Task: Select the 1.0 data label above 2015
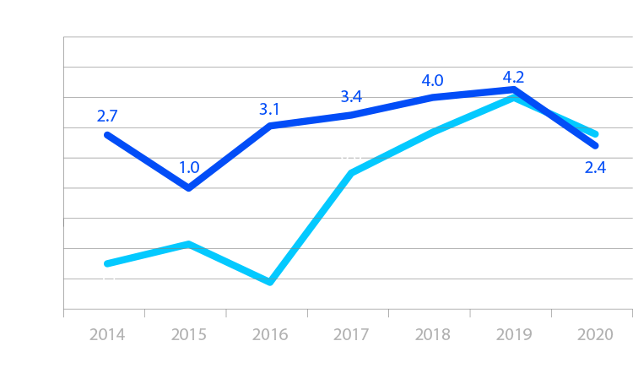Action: click(x=189, y=167)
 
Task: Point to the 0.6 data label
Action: click(x=350, y=155)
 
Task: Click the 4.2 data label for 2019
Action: click(x=513, y=78)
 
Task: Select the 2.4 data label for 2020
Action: click(x=595, y=168)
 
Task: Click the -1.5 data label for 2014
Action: click(x=107, y=282)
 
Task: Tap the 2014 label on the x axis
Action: click(x=107, y=334)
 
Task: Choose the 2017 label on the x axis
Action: click(x=351, y=334)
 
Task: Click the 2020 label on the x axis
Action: click(x=595, y=334)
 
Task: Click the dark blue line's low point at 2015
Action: click(x=189, y=187)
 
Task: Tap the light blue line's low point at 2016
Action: click(x=270, y=282)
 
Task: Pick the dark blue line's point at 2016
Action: click(x=270, y=125)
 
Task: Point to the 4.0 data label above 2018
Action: click(x=432, y=81)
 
